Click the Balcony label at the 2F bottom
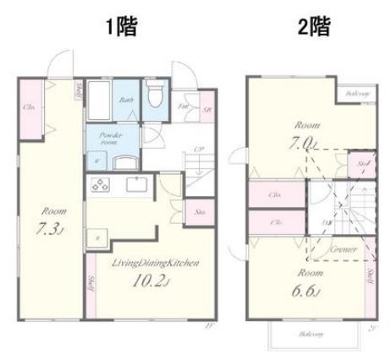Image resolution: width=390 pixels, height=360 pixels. [x=310, y=334]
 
